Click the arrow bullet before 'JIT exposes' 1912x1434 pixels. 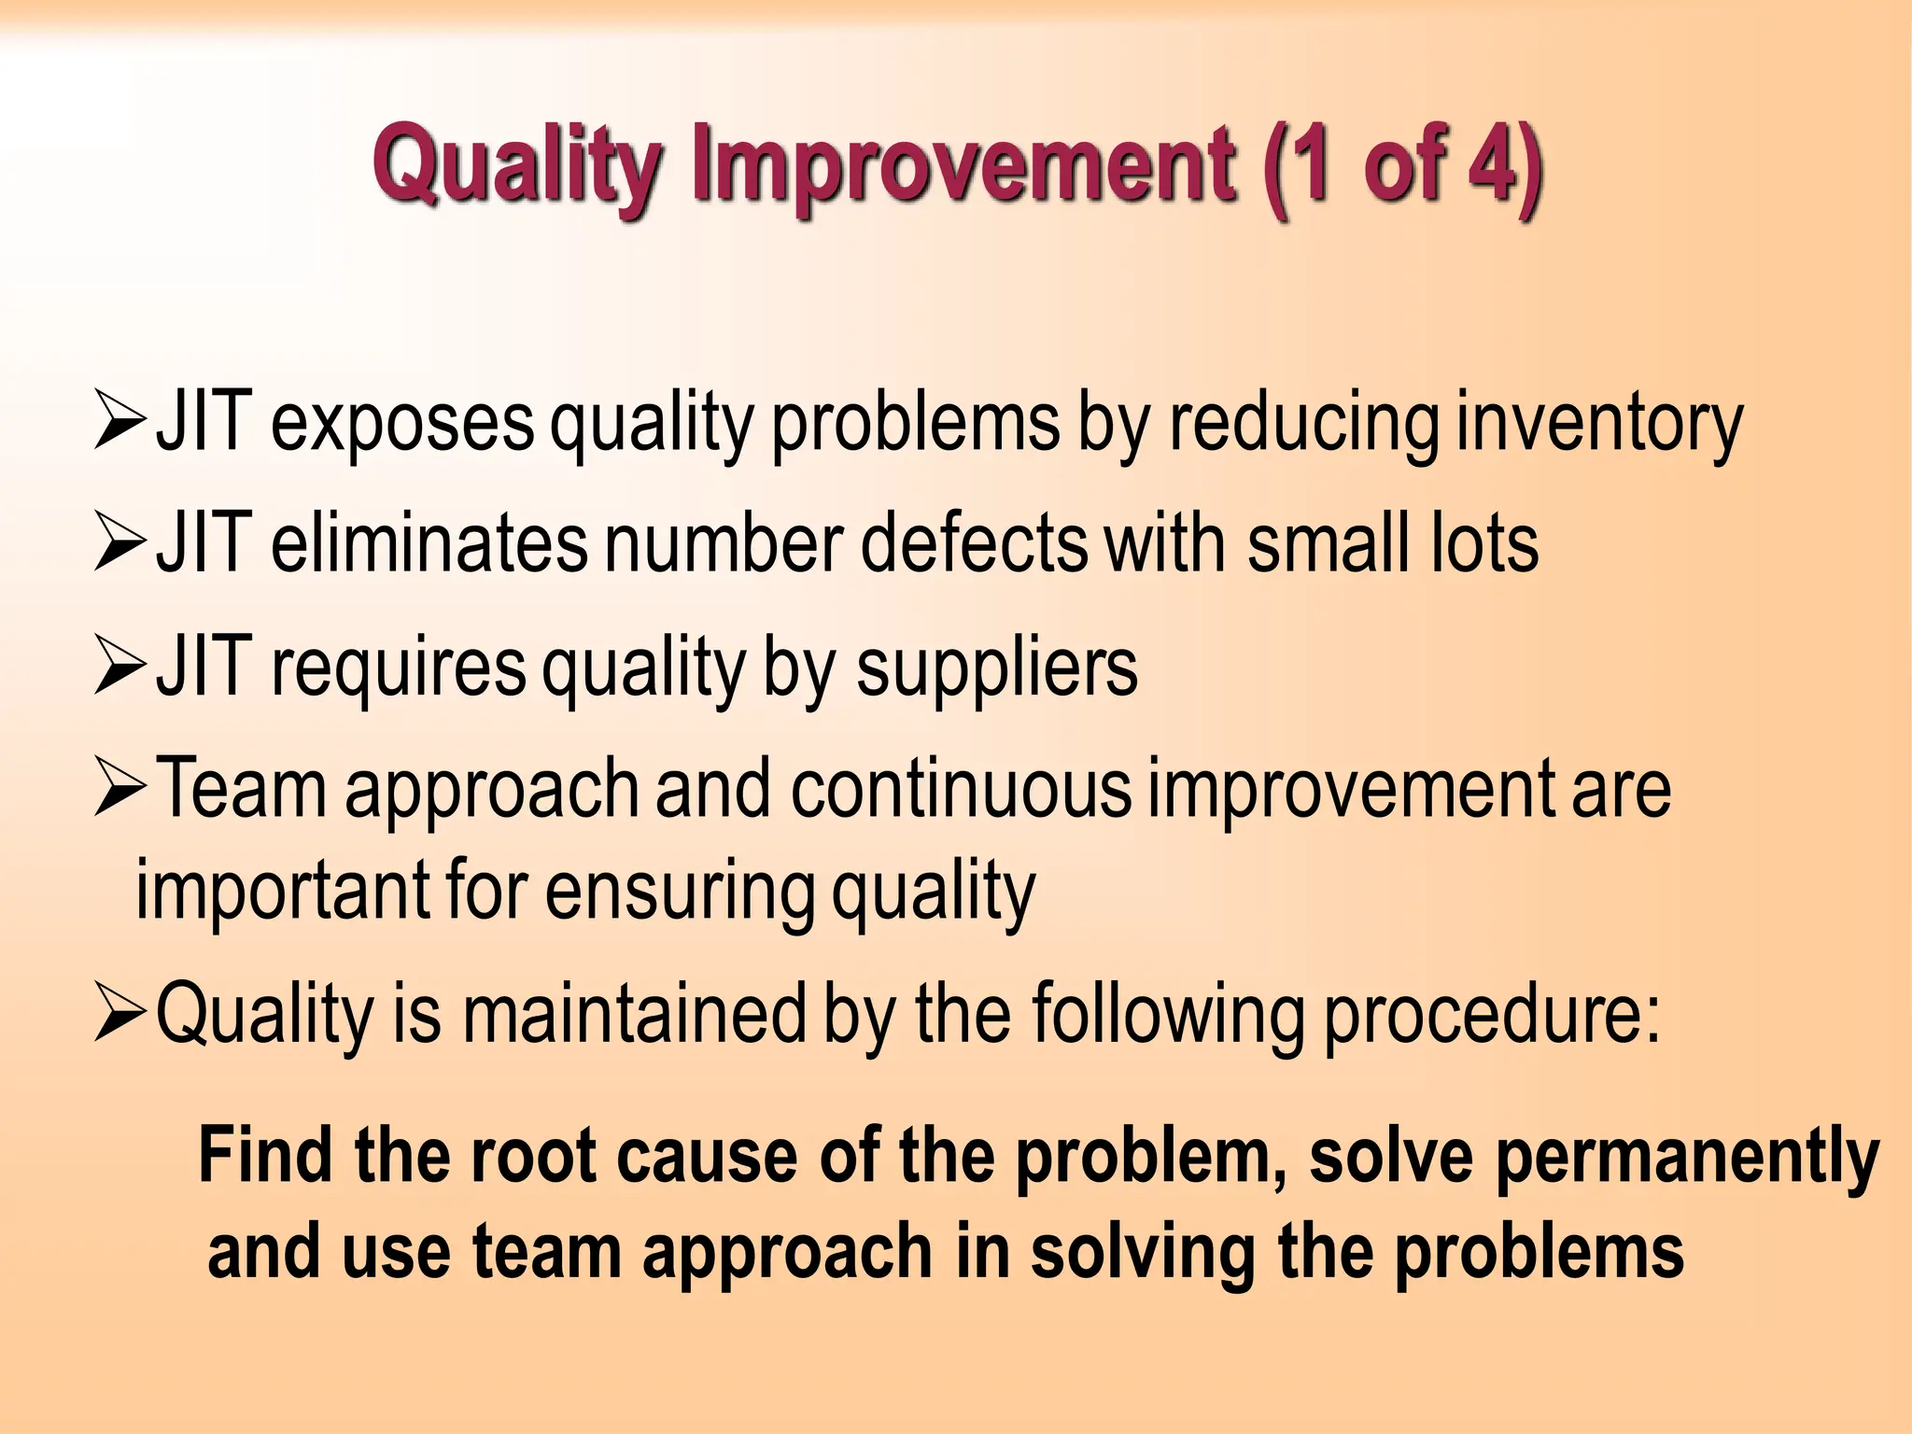(120, 423)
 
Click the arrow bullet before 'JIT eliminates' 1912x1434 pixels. (120, 544)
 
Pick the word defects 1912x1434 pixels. (974, 544)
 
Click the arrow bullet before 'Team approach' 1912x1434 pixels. (120, 790)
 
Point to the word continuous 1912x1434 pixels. (961, 790)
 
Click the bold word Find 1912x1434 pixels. (265, 1156)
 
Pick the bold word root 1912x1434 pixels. (532, 1156)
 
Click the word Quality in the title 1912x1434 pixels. (517, 166)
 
